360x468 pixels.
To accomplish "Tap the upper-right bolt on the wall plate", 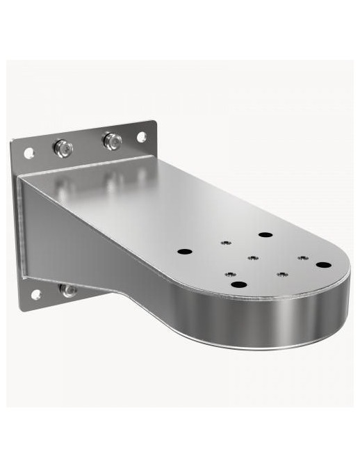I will click(112, 141).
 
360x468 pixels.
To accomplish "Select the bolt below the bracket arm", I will click(68, 290).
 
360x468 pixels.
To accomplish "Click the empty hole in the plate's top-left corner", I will click(29, 152).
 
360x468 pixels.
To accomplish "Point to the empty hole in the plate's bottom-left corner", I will click(35, 295).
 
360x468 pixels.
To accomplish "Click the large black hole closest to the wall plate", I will click(183, 251).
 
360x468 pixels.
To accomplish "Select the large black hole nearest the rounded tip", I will click(323, 264).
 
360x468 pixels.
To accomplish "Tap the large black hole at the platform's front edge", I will click(238, 284).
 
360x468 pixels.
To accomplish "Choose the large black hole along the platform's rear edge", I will click(265, 234).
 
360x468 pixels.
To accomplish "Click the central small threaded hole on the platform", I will click(252, 258).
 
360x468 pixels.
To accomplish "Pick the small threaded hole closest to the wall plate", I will click(224, 243).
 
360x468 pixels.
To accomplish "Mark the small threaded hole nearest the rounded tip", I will click(302, 258).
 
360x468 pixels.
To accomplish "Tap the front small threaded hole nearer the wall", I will click(230, 274).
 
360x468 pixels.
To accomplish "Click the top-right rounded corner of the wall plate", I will click(152, 127).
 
